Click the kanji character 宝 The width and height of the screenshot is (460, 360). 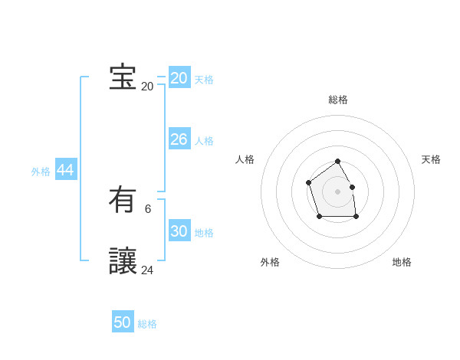(x=123, y=77)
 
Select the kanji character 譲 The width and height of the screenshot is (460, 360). (x=123, y=261)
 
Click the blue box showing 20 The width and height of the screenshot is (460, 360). (x=179, y=78)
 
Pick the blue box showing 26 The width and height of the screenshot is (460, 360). (x=179, y=139)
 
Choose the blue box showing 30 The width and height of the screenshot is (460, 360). (x=179, y=231)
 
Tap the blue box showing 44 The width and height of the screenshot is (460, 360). (x=66, y=170)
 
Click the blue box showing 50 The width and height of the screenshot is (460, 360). (x=123, y=322)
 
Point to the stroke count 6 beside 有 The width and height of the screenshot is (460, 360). (x=148, y=208)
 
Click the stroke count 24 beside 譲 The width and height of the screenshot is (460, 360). (x=147, y=270)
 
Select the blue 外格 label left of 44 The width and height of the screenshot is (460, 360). (x=41, y=172)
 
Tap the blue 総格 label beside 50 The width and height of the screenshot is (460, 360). (x=147, y=324)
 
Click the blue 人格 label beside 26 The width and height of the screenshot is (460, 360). (x=204, y=141)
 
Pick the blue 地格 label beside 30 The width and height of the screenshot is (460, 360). (x=204, y=233)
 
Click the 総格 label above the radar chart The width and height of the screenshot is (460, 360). (x=338, y=100)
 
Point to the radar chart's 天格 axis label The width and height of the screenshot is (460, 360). (x=432, y=159)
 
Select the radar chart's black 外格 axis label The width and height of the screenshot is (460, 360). (x=270, y=262)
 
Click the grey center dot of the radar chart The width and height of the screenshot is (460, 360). (x=338, y=191)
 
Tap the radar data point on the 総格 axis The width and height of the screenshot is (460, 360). (x=338, y=162)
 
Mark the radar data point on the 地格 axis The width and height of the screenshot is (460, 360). (x=356, y=218)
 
